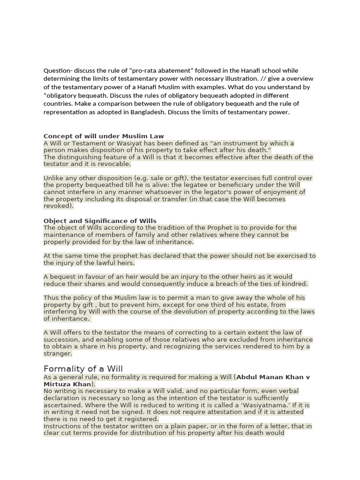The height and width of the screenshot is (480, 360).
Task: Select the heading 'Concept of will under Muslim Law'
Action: click(x=104, y=136)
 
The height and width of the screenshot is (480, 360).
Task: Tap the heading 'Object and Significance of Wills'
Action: click(x=100, y=221)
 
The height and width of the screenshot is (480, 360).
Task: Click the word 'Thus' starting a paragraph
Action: click(x=51, y=298)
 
